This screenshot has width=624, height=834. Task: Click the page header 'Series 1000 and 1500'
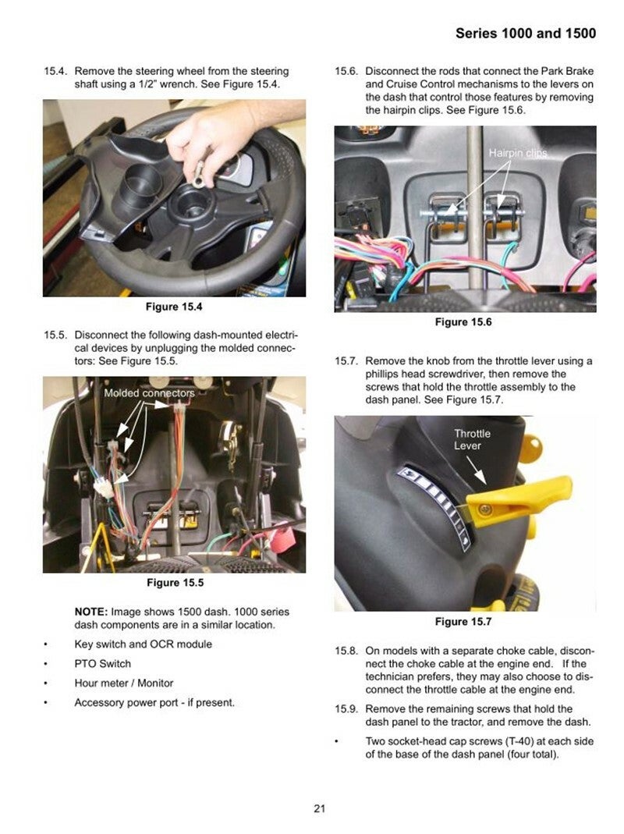click(526, 34)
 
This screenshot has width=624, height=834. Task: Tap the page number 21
click(319, 808)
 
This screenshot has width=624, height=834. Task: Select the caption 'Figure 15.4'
click(174, 307)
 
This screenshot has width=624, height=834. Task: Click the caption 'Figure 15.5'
click(175, 583)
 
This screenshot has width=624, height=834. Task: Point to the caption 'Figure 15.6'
click(463, 322)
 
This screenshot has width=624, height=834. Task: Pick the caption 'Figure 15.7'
click(463, 622)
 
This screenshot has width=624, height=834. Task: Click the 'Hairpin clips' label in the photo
click(518, 153)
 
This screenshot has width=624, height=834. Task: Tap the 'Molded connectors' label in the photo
click(150, 393)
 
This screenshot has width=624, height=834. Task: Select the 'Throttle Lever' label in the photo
click(472, 440)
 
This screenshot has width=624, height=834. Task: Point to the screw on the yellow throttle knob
click(484, 510)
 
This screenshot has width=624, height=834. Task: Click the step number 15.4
click(56, 71)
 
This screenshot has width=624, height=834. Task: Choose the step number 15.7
click(347, 361)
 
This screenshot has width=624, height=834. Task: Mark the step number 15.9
click(347, 709)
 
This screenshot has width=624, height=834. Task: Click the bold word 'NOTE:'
click(91, 612)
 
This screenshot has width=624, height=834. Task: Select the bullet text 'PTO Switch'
click(103, 664)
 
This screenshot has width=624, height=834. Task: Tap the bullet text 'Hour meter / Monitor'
click(124, 683)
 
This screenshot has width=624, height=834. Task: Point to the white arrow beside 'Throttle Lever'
click(476, 470)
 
